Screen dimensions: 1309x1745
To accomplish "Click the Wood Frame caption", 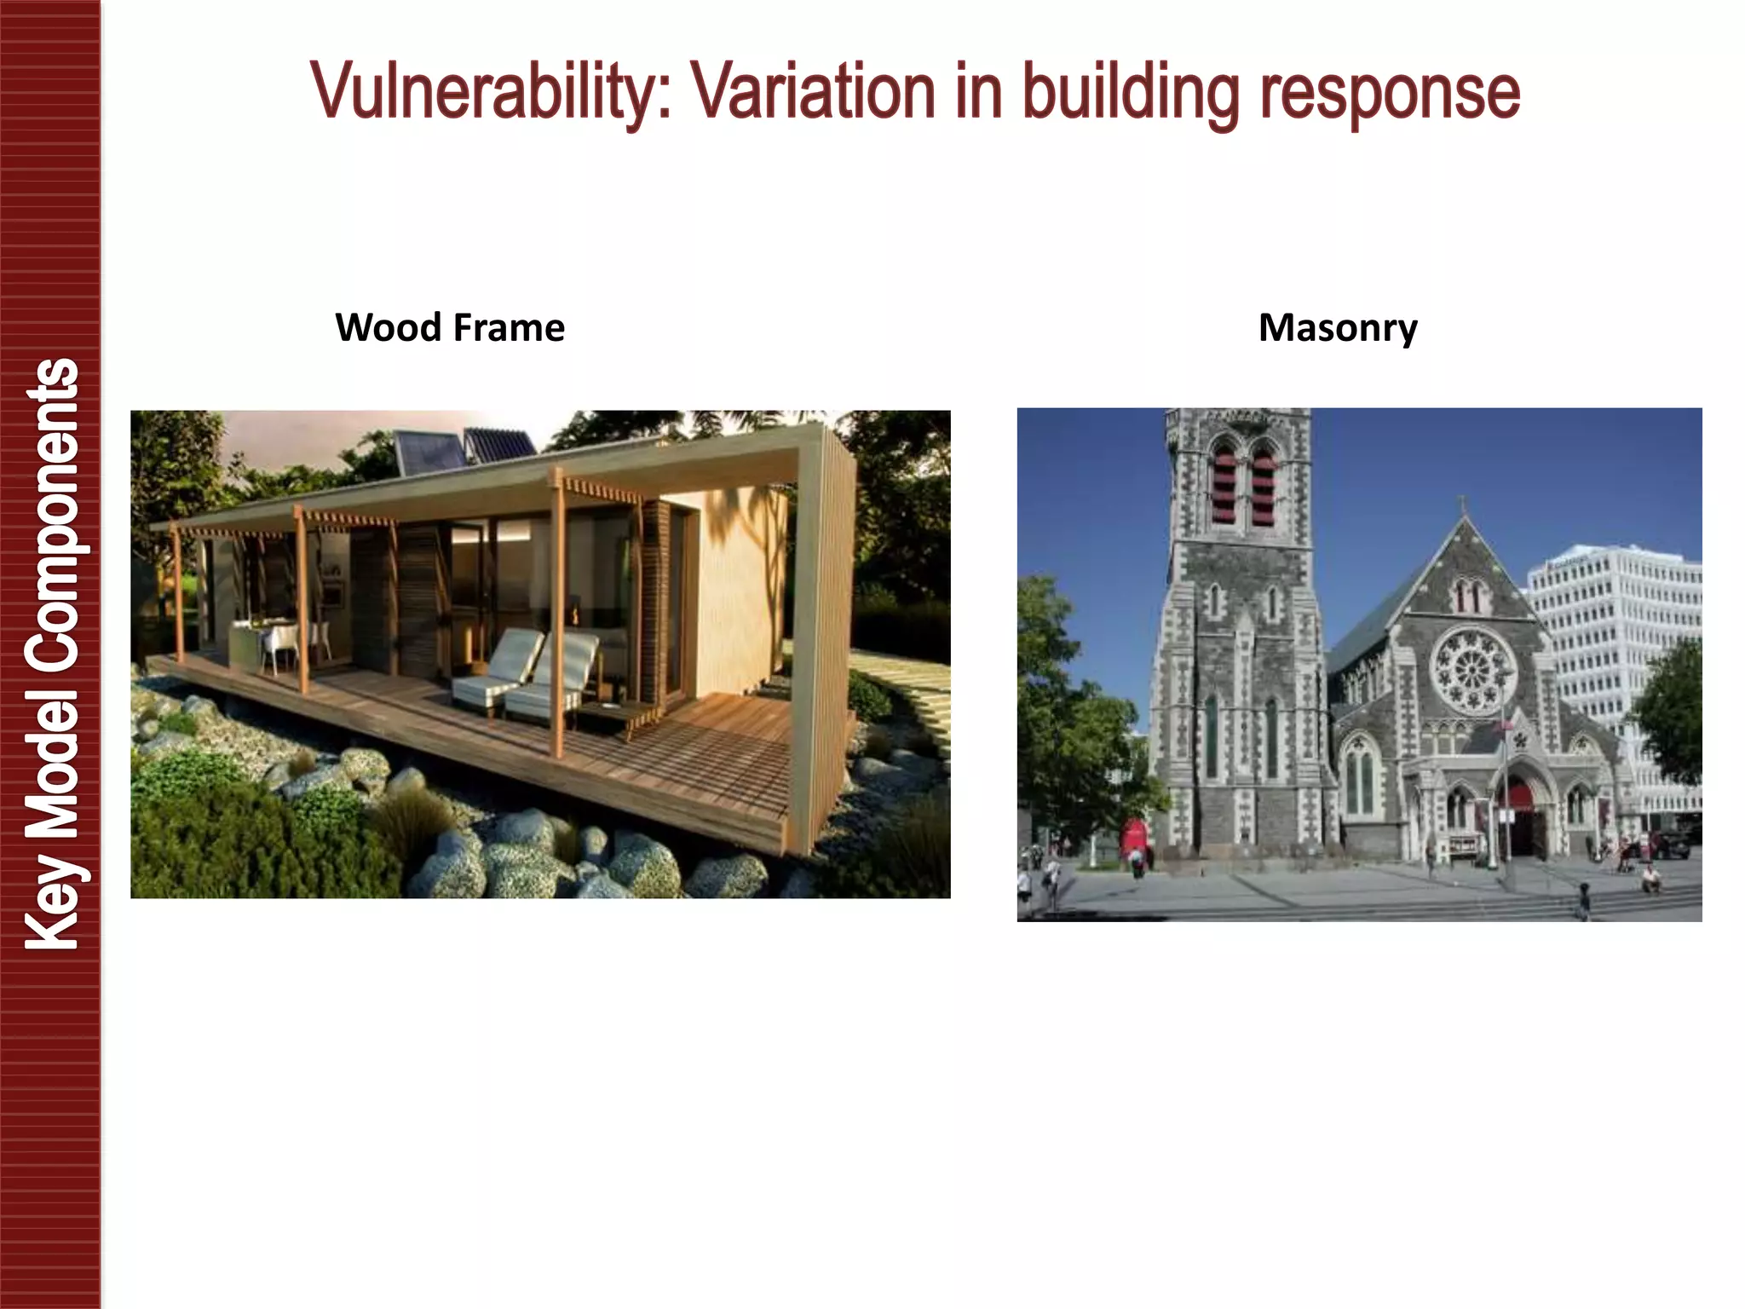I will pyautogui.click(x=450, y=328).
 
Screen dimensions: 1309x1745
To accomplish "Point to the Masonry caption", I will pyautogui.click(x=1338, y=328).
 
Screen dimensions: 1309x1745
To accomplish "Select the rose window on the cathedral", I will pyautogui.click(x=1472, y=669).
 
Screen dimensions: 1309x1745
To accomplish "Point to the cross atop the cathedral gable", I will pyautogui.click(x=1464, y=505).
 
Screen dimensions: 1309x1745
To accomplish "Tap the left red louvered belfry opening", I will pyautogui.click(x=1223, y=486).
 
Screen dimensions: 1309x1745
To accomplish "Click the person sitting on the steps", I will pyautogui.click(x=1650, y=878).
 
